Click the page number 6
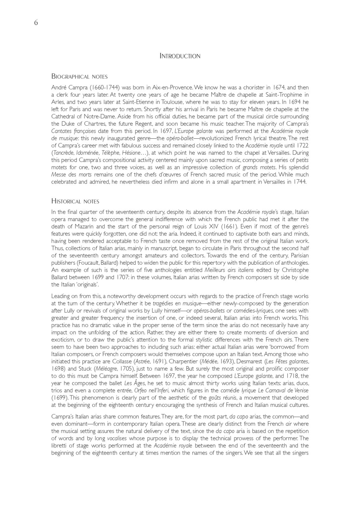click(36, 23)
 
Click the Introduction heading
click(180, 56)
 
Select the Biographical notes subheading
click(80, 77)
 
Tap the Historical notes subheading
click(75, 201)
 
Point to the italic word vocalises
click(117, 438)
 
